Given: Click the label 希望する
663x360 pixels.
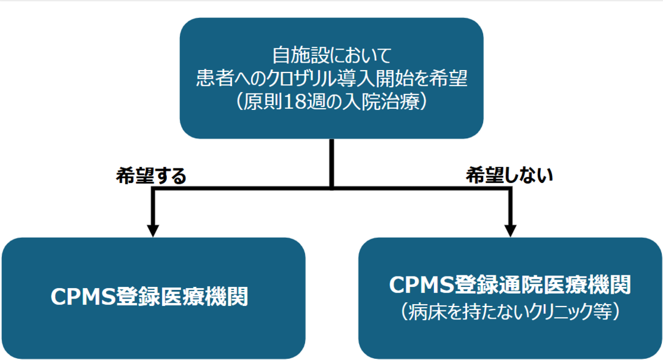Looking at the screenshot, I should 150,176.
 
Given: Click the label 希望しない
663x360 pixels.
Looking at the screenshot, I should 510,176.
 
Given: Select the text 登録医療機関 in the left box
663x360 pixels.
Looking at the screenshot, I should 190,297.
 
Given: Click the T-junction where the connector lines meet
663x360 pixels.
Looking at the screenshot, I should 331,188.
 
